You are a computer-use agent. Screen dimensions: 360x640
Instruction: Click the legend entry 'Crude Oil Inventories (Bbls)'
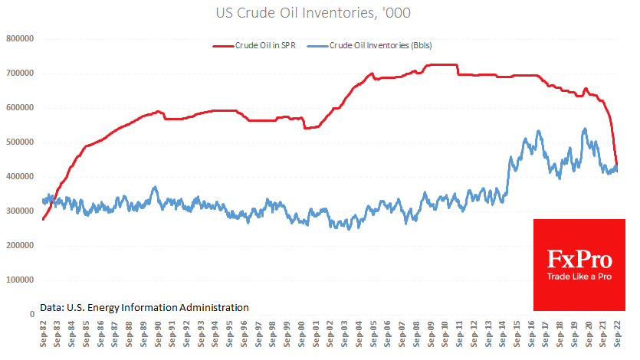(x=381, y=46)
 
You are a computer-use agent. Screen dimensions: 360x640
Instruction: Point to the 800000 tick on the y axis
(x=21, y=39)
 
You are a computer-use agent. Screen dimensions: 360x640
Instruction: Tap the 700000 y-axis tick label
(x=21, y=74)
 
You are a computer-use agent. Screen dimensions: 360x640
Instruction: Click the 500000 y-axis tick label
(x=21, y=142)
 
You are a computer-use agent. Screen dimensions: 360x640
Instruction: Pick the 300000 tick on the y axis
(x=21, y=211)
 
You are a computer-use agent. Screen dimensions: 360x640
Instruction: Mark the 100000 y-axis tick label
(x=21, y=280)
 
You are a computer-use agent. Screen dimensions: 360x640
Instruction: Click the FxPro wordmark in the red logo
(x=579, y=258)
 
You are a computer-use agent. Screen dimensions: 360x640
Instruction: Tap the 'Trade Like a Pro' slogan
(x=579, y=277)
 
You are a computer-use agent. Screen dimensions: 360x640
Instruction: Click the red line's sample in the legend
(x=225, y=46)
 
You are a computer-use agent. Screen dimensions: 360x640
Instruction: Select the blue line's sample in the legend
(x=316, y=46)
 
